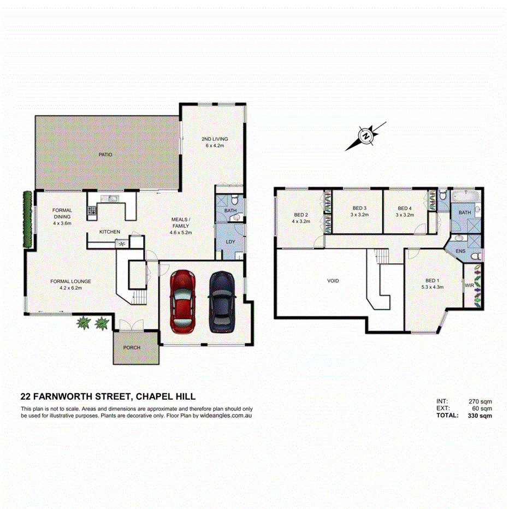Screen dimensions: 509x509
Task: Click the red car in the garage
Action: tap(183, 301)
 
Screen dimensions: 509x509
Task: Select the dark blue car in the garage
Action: tap(222, 301)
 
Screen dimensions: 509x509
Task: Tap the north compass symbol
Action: tap(366, 135)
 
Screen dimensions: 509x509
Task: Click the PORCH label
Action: tap(132, 347)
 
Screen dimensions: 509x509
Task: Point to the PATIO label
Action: tap(105, 155)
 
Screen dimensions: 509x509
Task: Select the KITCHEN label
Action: tap(109, 232)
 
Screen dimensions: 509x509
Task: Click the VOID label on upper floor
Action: tap(333, 281)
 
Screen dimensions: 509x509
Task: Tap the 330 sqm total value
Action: tap(480, 416)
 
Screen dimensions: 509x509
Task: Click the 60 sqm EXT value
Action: tap(482, 408)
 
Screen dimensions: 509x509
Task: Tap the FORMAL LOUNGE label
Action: tap(70, 281)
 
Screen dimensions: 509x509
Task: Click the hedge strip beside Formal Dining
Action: tap(25, 218)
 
